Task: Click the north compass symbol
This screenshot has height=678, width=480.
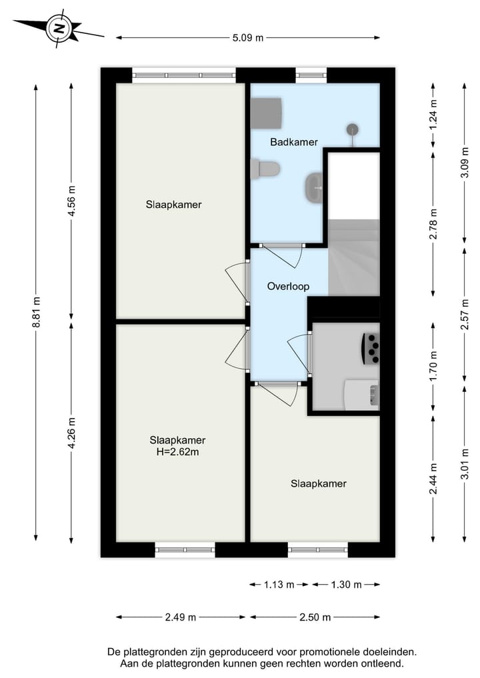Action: (60, 28)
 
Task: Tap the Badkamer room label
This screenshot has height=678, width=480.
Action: (293, 142)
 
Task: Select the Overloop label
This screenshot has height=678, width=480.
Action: (288, 286)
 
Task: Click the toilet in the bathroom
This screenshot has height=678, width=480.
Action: (265, 169)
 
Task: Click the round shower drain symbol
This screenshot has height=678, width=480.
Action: (352, 129)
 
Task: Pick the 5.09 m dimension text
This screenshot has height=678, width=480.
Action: (248, 38)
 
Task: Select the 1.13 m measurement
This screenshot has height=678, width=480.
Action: (280, 585)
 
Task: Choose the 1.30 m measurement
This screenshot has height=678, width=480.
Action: (347, 585)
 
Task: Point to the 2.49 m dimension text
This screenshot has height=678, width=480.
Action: (180, 617)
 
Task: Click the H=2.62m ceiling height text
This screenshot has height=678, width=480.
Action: (178, 452)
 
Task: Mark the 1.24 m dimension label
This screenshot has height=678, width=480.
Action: (433, 114)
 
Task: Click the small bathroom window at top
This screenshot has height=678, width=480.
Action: (311, 75)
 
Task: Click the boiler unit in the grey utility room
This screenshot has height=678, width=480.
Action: (371, 348)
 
